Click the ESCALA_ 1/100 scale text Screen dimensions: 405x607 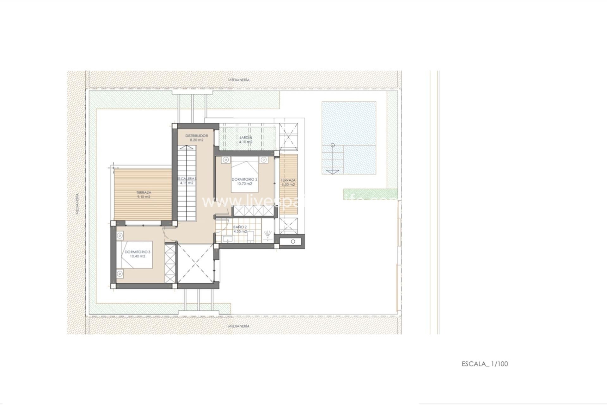[485, 364]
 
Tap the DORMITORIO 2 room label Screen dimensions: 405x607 [244, 179]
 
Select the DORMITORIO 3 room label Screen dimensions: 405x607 [138, 252]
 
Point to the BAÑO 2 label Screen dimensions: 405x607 [240, 227]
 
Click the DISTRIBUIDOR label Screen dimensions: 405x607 [197, 135]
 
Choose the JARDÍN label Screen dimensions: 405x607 [246, 138]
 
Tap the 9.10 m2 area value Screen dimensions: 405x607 [144, 197]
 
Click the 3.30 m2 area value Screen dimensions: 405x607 [288, 184]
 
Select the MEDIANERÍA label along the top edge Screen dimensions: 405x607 [239, 80]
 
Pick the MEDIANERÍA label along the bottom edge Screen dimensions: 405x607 [239, 326]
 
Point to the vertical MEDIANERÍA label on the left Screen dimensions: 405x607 [77, 204]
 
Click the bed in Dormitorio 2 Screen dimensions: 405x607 [245, 176]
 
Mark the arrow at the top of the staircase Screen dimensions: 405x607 [187, 147]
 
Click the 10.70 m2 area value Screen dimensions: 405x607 [245, 184]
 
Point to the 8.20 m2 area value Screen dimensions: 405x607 [196, 140]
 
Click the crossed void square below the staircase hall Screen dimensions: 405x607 [196, 263]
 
